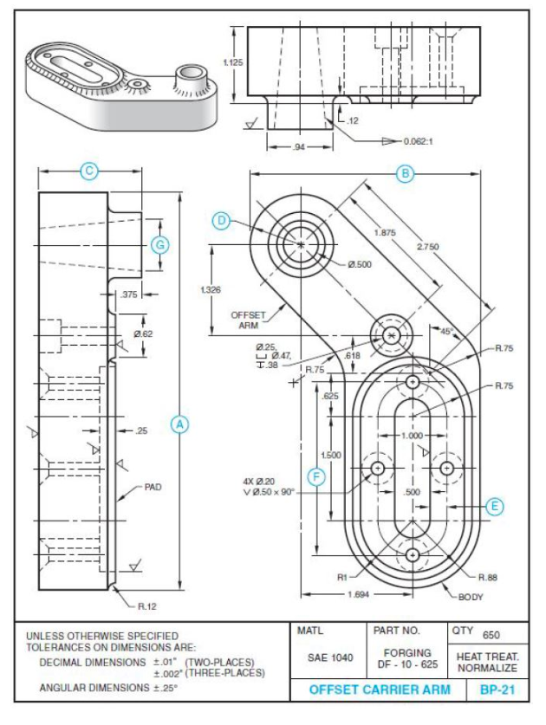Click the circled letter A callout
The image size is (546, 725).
179,424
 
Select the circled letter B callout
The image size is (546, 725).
404,173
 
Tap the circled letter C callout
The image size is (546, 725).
88,172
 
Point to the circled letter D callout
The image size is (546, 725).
222,222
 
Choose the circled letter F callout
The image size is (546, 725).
317,476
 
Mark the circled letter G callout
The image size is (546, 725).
159,245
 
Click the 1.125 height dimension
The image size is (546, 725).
231,62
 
